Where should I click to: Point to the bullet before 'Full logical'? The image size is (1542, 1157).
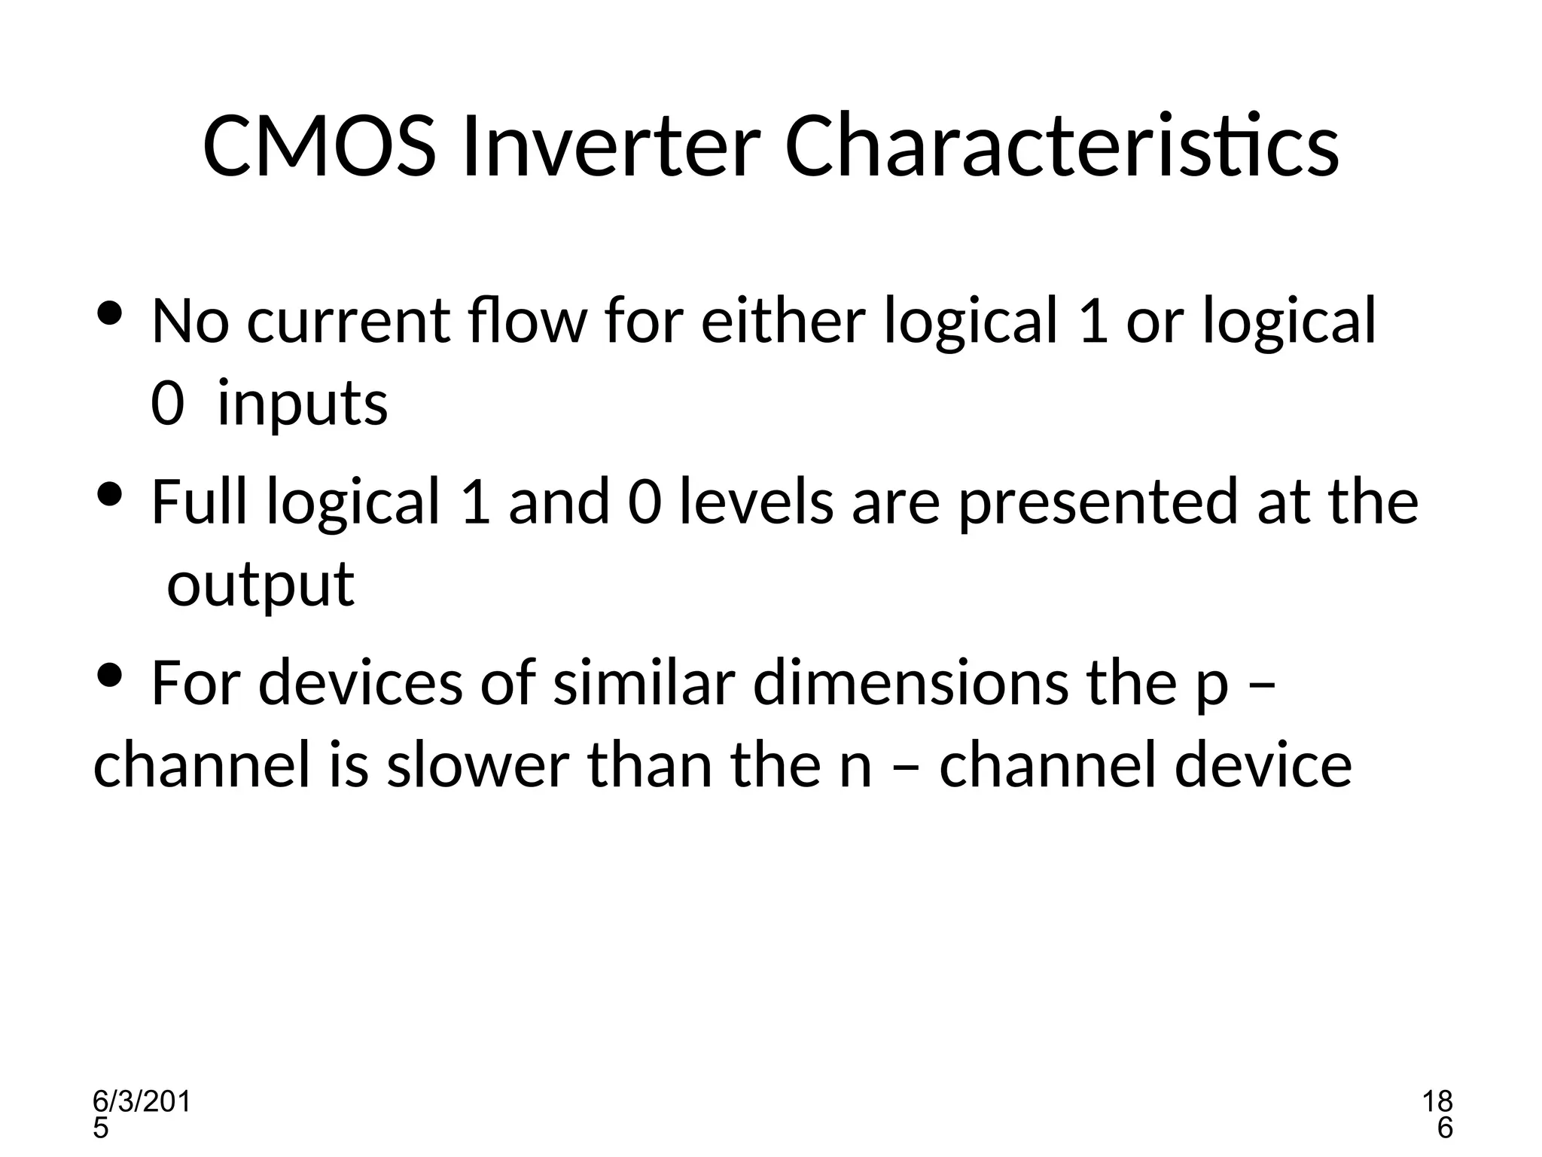tap(110, 495)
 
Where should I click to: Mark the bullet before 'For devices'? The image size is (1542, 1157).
tap(110, 676)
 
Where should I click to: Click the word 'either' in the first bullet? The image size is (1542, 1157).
tap(782, 320)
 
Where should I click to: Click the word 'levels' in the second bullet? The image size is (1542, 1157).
tap(757, 502)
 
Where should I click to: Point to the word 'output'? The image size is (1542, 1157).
tap(260, 585)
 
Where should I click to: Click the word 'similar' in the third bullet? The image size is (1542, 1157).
tap(644, 682)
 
